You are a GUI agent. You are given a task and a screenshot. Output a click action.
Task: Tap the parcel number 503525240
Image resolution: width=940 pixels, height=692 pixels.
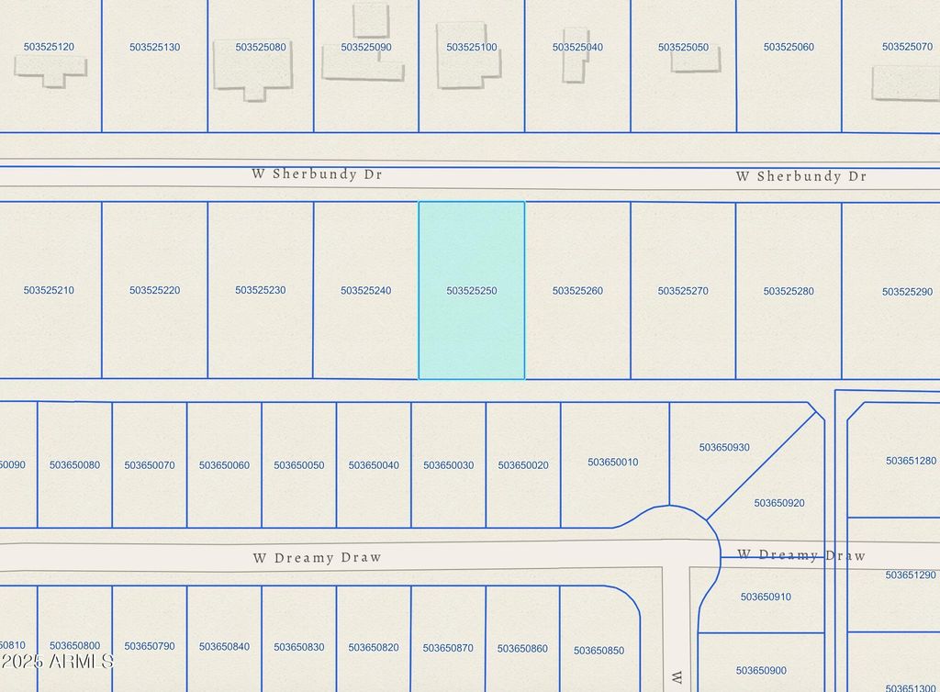pos(366,291)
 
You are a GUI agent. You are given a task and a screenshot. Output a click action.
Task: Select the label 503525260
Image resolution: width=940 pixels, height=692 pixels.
pos(577,291)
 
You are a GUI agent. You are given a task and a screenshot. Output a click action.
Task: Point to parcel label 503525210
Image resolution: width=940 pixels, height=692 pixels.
pos(50,290)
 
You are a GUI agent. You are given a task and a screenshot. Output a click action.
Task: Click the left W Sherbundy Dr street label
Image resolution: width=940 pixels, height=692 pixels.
pos(317,173)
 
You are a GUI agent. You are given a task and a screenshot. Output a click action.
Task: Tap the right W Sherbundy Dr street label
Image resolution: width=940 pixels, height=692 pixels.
pos(800,176)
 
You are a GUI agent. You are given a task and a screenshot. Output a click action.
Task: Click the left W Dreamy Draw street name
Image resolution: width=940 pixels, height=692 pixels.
pos(317,557)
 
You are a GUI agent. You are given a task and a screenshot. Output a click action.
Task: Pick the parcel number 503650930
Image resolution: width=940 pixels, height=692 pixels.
pos(724,448)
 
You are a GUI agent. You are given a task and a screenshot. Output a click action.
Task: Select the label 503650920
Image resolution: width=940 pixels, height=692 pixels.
pos(779,503)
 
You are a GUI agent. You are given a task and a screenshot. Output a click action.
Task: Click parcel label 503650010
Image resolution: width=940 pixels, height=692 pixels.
pos(613,462)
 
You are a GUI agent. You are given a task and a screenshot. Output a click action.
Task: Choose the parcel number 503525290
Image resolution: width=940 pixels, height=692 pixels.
pos(907,292)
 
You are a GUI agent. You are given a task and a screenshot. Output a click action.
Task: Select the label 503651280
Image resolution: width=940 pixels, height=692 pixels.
pos(911,461)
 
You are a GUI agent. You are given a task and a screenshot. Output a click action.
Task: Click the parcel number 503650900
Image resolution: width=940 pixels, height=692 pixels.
pos(761,671)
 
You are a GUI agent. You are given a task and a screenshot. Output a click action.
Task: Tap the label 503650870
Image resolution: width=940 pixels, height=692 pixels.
pos(448,648)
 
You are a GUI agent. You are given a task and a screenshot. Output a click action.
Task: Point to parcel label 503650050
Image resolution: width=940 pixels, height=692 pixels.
pos(298,465)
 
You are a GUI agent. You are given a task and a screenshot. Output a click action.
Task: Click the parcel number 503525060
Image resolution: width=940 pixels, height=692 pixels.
pos(789,47)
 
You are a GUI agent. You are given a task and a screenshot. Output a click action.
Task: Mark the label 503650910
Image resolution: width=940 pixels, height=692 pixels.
pos(766,597)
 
